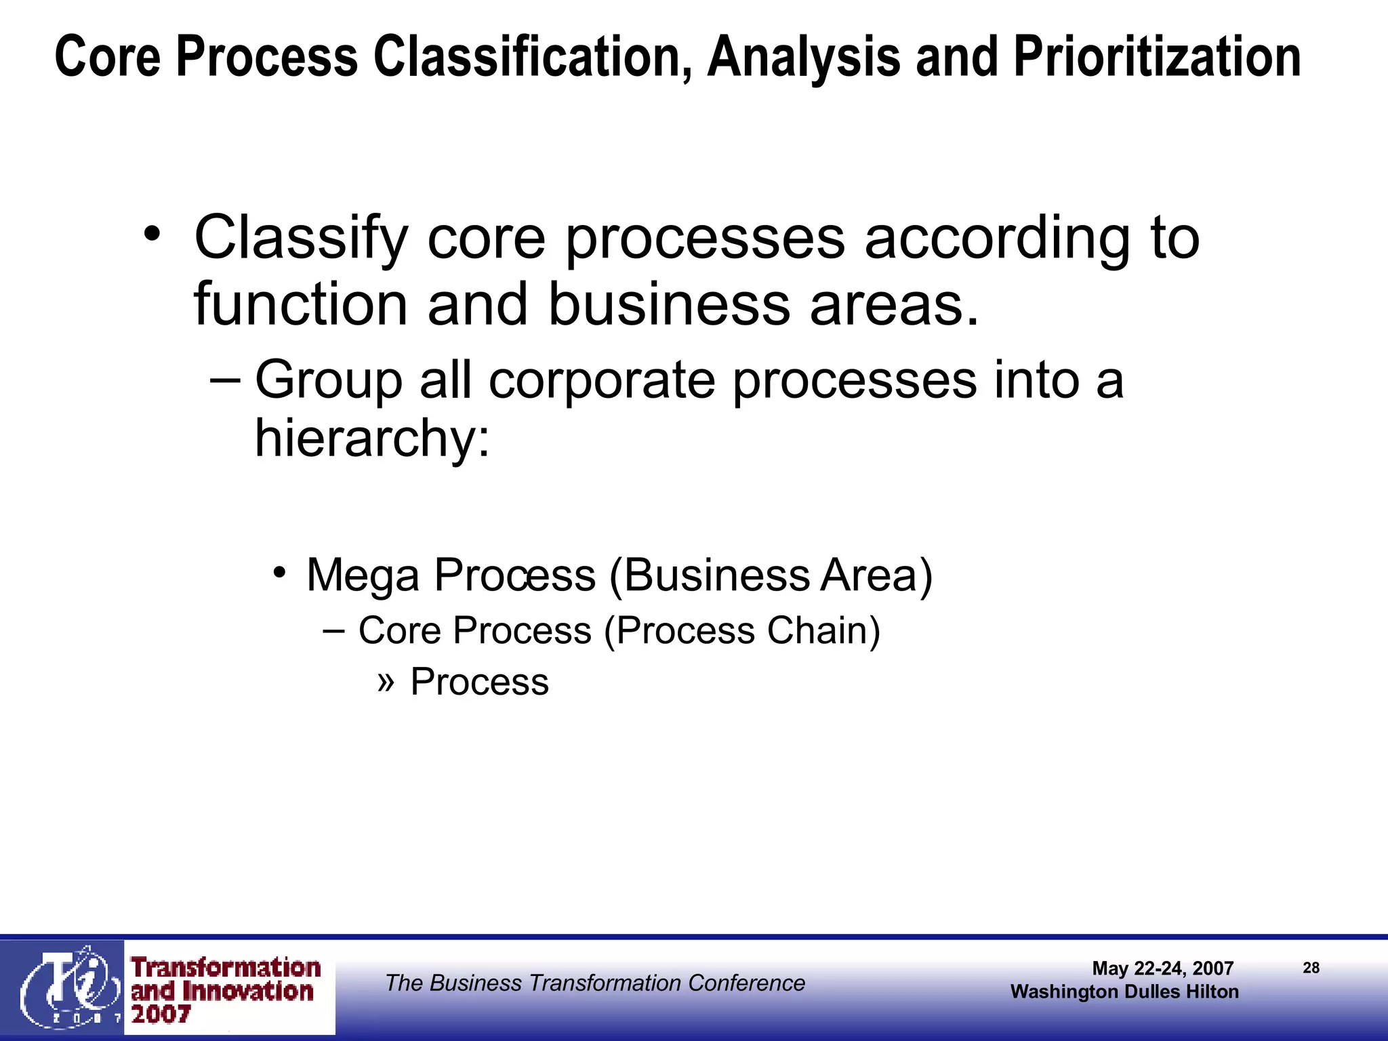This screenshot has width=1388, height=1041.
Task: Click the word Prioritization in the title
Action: point(1157,57)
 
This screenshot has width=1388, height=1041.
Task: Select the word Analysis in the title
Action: point(804,57)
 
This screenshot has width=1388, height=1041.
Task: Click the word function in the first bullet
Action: point(301,304)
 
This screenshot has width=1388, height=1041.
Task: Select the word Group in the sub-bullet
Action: point(328,381)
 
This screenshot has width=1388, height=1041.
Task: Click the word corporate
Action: point(602,381)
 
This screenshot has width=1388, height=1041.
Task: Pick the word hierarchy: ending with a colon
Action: point(371,438)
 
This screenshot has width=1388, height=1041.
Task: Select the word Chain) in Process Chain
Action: point(823,631)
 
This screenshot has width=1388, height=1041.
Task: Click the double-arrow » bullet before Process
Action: point(386,680)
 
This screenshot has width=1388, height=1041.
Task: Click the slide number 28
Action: point(1311,968)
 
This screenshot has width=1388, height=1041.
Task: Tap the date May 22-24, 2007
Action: point(1162,968)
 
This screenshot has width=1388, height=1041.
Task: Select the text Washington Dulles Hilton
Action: point(1124,992)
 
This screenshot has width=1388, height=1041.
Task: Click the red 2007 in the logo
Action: point(161,1015)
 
